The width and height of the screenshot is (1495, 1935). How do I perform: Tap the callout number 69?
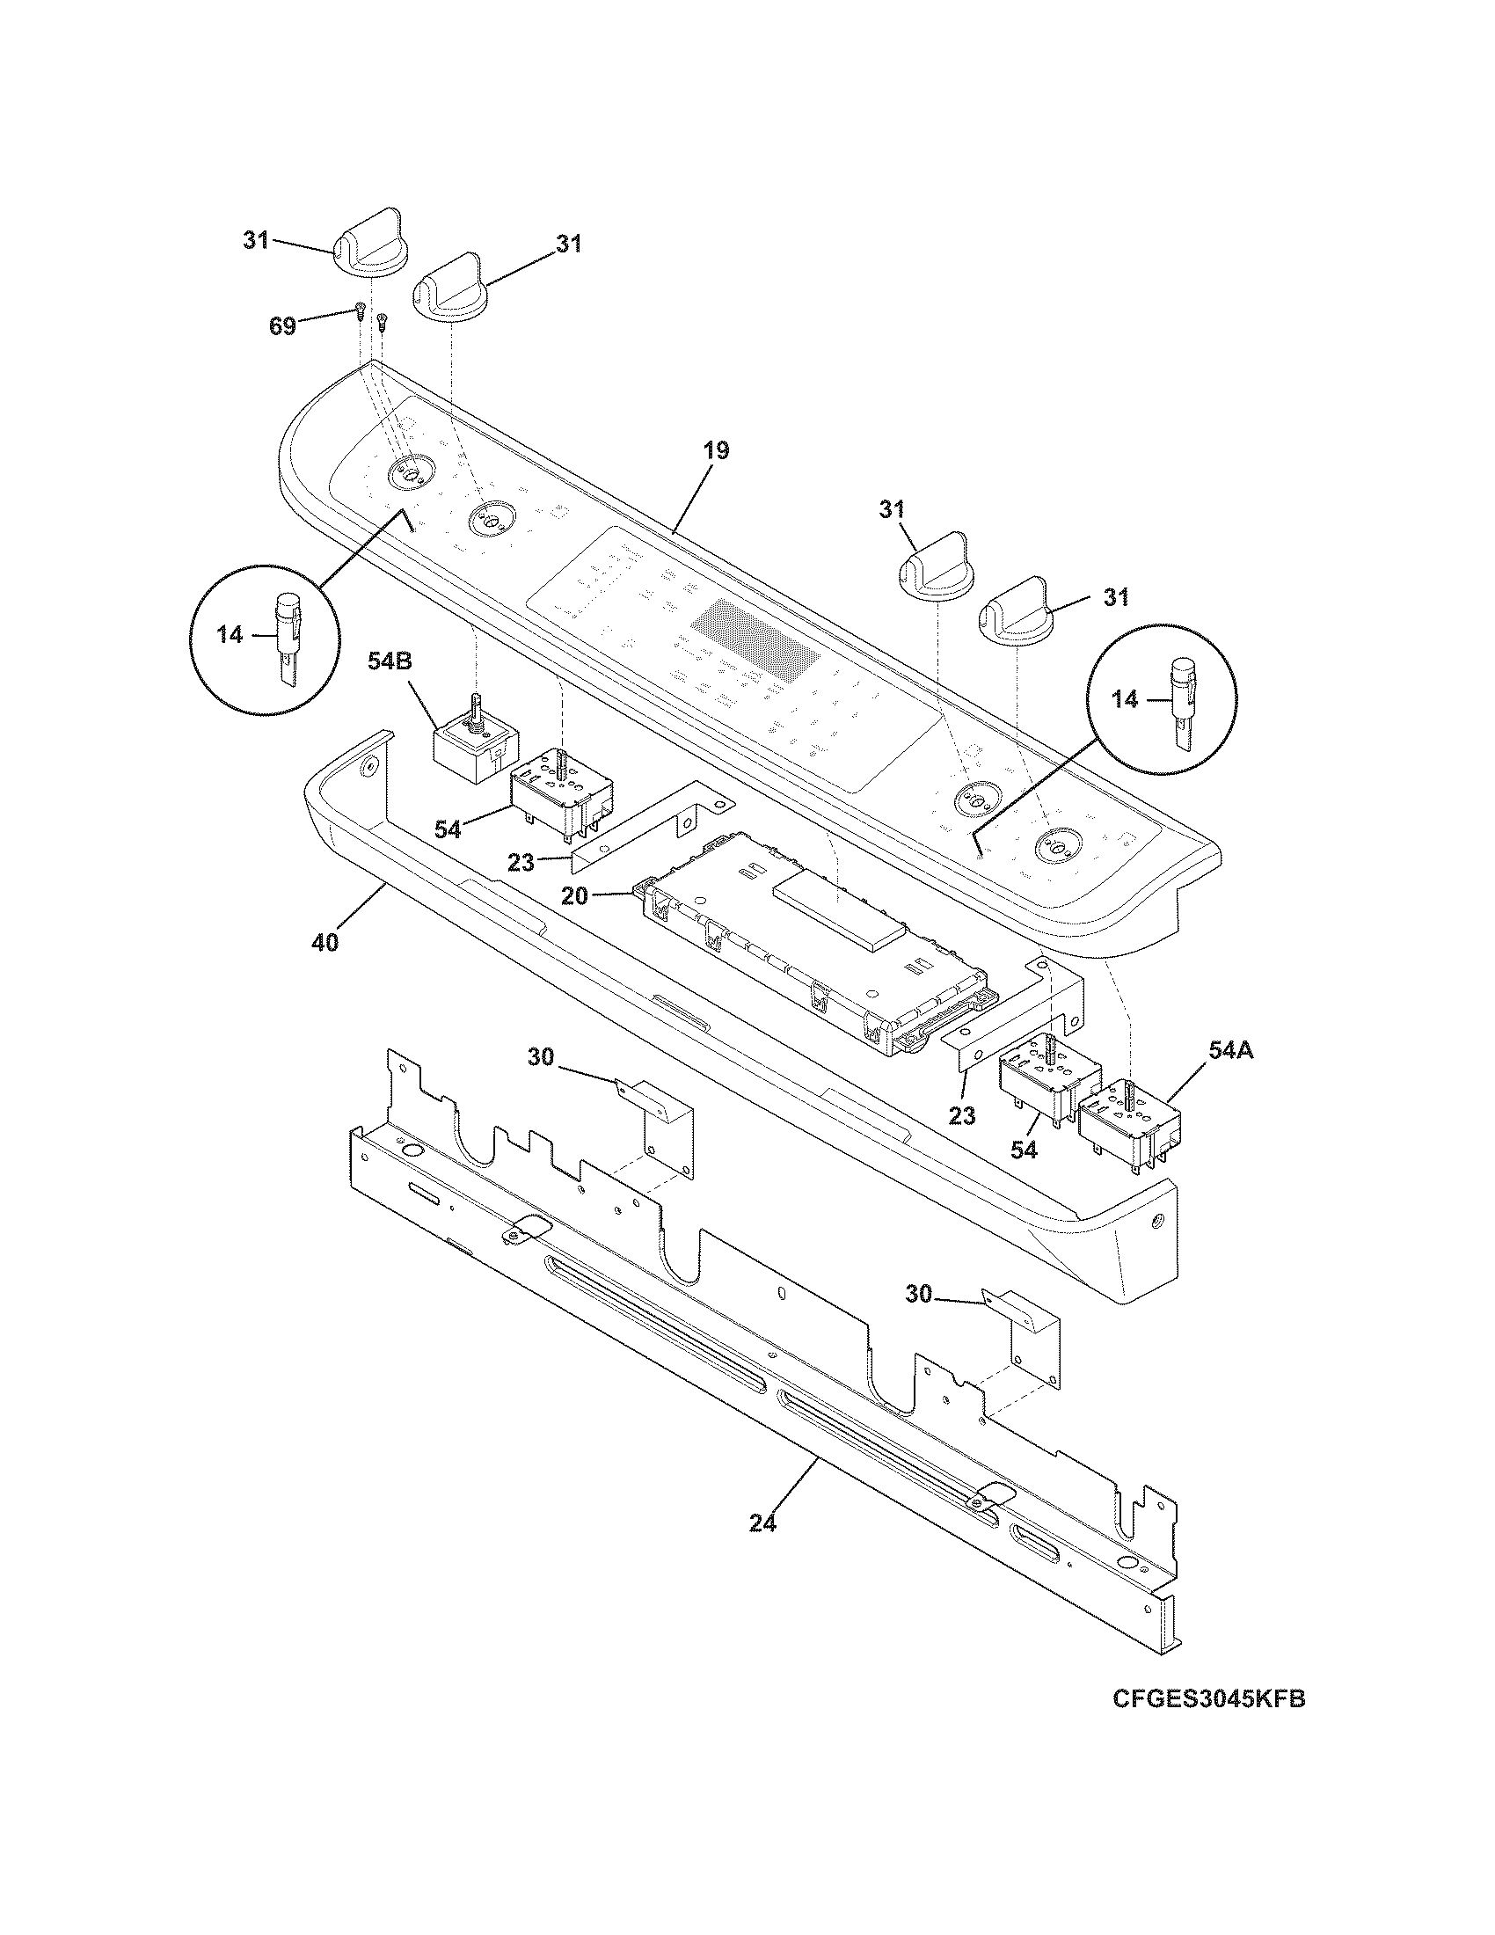point(282,325)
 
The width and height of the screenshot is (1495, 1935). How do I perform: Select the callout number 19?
point(717,451)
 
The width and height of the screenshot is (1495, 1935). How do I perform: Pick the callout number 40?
point(325,943)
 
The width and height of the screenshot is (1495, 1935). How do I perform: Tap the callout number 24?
point(762,1523)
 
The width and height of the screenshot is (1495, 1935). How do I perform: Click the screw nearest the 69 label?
point(361,311)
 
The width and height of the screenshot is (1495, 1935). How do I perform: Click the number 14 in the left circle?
point(230,635)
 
